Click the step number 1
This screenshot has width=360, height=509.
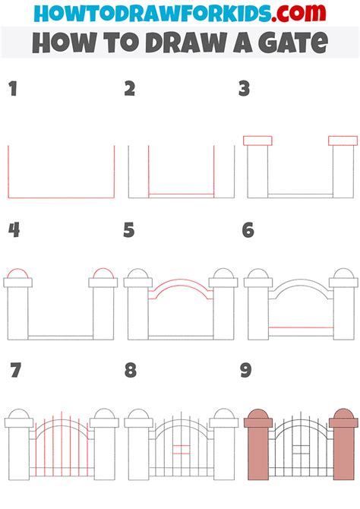pyautogui.click(x=13, y=90)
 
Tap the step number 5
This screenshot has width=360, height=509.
pyautogui.click(x=129, y=230)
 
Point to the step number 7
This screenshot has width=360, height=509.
pyautogui.click(x=14, y=371)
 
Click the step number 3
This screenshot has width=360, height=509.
pyautogui.click(x=245, y=90)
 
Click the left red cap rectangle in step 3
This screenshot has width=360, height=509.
pyautogui.click(x=257, y=140)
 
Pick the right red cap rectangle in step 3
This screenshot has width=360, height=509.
pyautogui.click(x=343, y=140)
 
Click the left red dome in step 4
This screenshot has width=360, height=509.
pyautogui.click(x=18, y=273)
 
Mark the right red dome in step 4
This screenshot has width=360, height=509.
pyautogui.click(x=103, y=273)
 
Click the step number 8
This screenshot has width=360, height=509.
pyautogui.click(x=130, y=371)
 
